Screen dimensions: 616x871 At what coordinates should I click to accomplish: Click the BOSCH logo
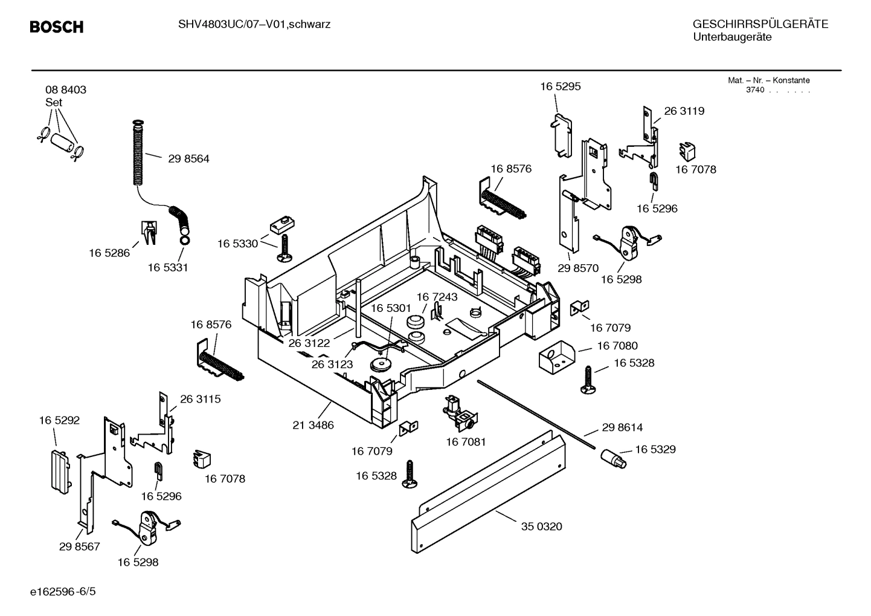pos(57,27)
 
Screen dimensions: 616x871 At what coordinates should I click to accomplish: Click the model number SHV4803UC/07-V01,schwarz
pos(254,25)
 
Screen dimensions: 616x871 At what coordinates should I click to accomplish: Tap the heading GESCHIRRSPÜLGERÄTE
pos(760,24)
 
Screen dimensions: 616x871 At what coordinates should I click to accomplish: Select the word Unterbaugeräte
pos(732,37)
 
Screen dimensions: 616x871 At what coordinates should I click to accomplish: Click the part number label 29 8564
pos(188,159)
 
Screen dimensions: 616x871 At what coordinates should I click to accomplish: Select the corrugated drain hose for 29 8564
pos(138,154)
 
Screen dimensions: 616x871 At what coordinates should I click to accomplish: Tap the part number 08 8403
pos(65,89)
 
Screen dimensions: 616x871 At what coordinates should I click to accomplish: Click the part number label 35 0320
pos(541,527)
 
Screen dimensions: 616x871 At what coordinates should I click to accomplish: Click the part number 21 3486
pos(313,425)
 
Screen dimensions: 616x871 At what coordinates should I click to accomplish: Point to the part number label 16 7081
pos(466,443)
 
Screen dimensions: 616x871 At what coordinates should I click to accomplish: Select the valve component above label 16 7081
pos(457,411)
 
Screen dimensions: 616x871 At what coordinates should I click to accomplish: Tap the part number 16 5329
pos(655,450)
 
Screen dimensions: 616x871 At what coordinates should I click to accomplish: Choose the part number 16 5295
pos(560,86)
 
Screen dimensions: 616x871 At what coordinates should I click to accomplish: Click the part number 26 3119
pos(684,111)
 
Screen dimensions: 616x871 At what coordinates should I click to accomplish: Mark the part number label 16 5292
pos(59,420)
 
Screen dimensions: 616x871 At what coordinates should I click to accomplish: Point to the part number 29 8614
pos(622,427)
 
